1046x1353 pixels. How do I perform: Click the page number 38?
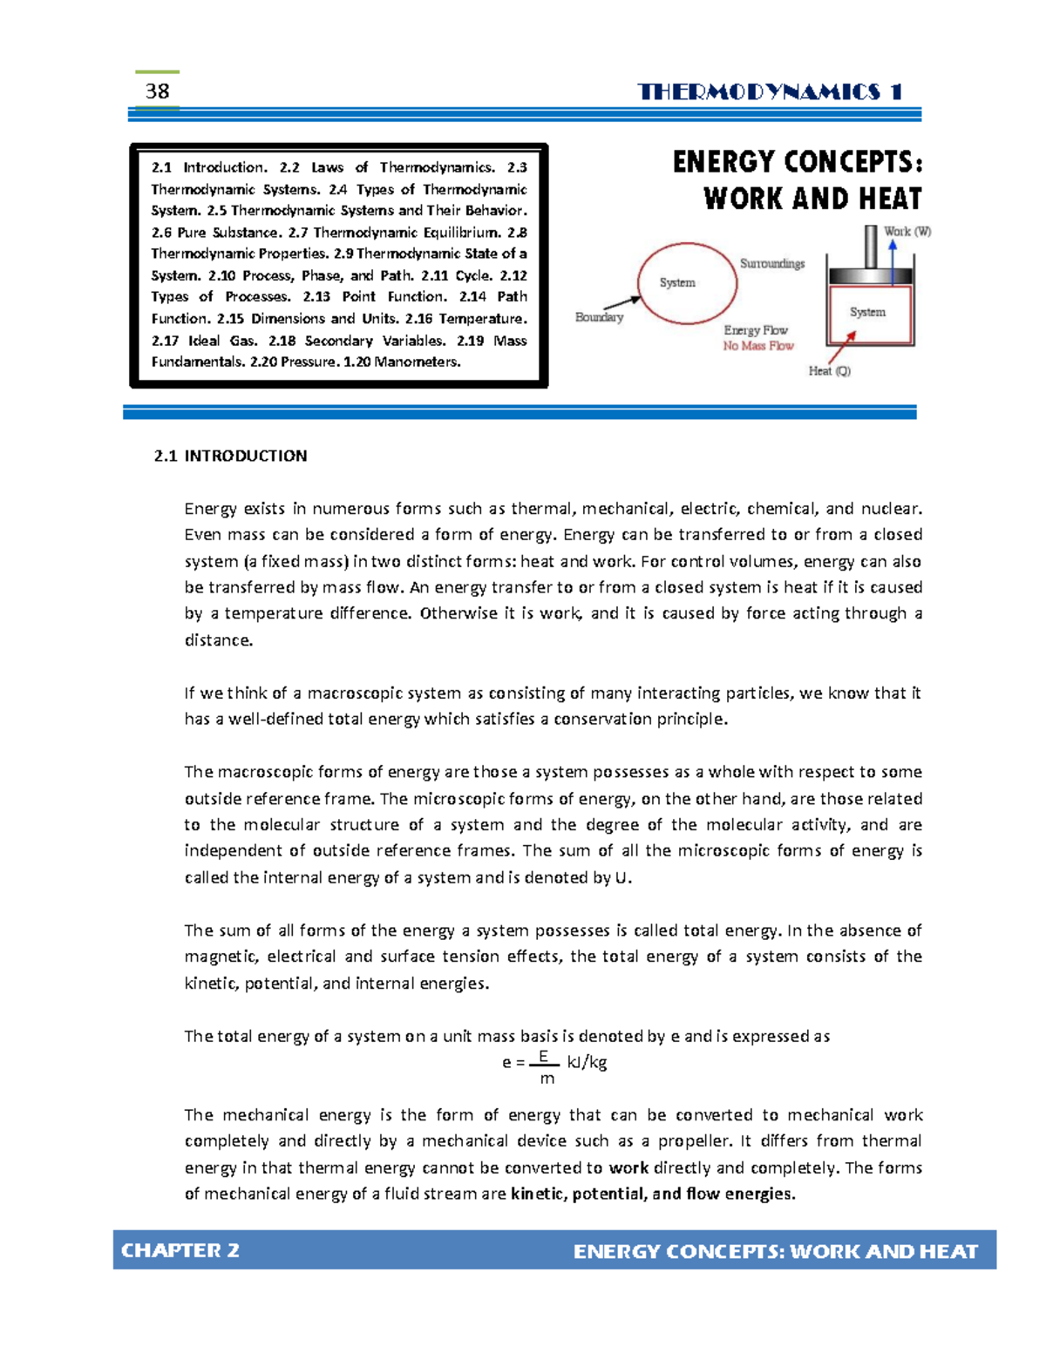[x=158, y=91]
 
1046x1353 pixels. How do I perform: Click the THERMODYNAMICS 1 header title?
[x=770, y=92]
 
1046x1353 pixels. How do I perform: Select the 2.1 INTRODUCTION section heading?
[x=230, y=456]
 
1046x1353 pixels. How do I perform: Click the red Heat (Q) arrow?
[x=840, y=351]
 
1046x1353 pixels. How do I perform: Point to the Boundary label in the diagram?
[x=599, y=317]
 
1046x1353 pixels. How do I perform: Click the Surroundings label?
[x=772, y=263]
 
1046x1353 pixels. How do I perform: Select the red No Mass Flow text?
[x=758, y=346]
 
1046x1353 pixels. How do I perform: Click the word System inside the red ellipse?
[x=677, y=282]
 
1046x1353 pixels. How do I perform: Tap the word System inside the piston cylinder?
[x=867, y=312]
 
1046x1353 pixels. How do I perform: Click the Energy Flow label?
[x=756, y=330]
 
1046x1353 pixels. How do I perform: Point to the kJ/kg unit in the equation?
[x=587, y=1062]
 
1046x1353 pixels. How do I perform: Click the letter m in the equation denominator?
[x=547, y=1079]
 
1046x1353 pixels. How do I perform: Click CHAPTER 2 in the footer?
[x=180, y=1250]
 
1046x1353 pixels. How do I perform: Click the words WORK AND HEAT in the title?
[x=812, y=199]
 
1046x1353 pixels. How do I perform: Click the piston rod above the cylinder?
[x=870, y=247]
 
